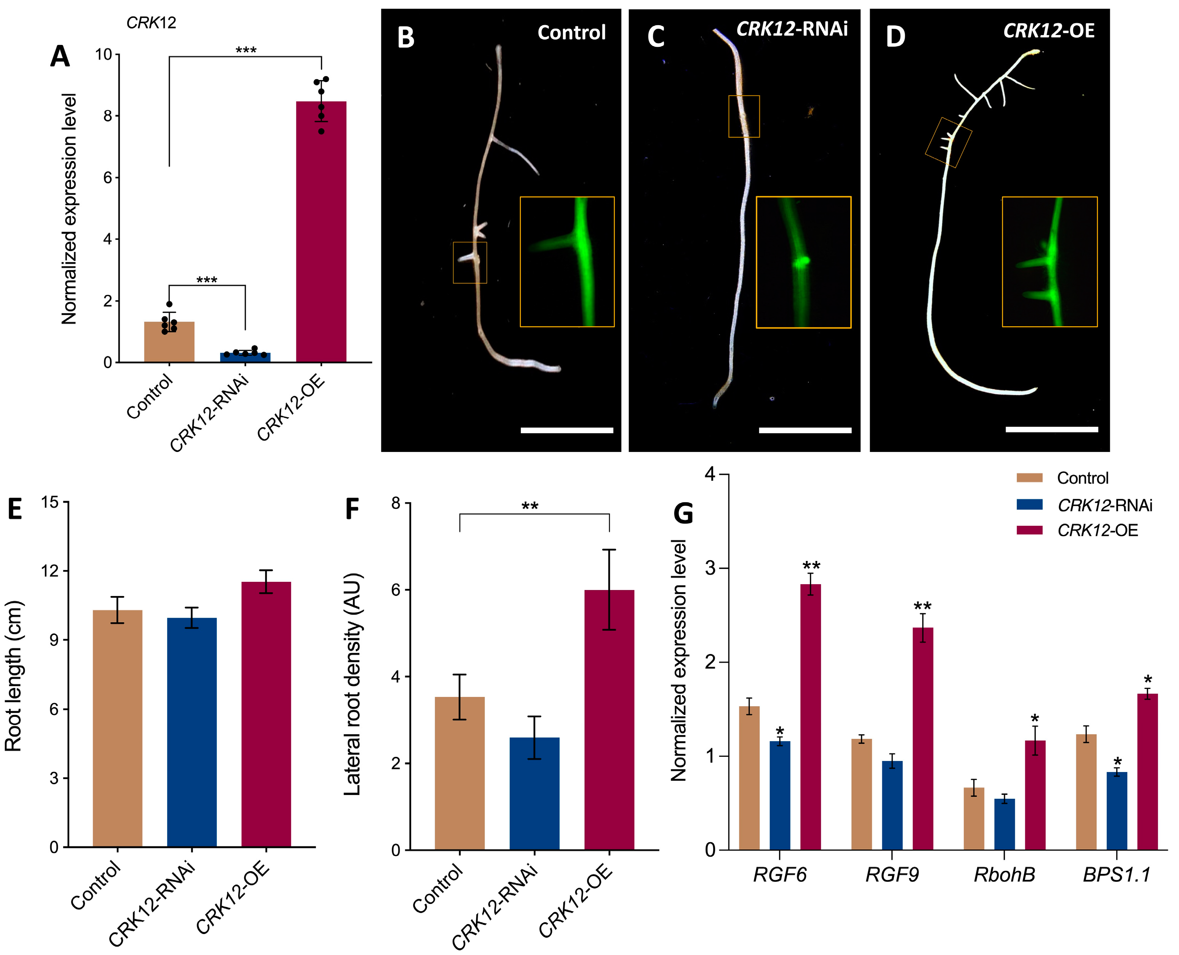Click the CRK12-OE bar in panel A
pos(321,231)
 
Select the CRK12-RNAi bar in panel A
pos(245,357)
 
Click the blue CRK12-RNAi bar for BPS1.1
pos(1117,811)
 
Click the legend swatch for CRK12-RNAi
pos(1029,505)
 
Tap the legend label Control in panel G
pos(1082,478)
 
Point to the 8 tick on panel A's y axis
pos(107,116)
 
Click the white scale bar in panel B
pos(566,430)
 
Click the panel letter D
pos(895,37)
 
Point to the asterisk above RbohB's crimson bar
pos(1035,718)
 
